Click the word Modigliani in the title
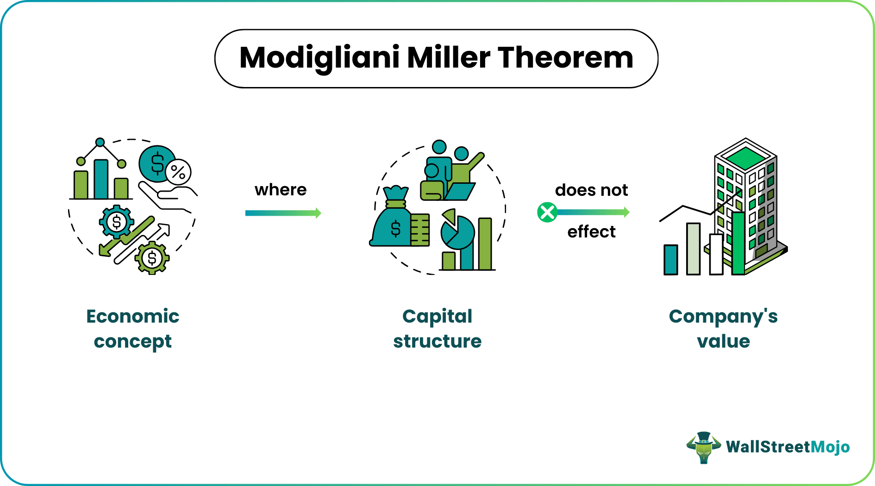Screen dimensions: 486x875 click(x=319, y=58)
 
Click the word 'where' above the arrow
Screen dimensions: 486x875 click(x=281, y=190)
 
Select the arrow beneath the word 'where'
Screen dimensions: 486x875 click(x=283, y=213)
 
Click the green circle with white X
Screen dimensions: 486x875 click(x=547, y=212)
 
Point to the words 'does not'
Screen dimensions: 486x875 click(x=591, y=190)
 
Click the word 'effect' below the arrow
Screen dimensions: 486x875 click(x=591, y=231)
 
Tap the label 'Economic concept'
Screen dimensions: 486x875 click(x=133, y=329)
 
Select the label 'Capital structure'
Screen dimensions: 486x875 click(x=437, y=329)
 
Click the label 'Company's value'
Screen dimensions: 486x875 click(x=723, y=329)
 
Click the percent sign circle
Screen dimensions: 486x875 click(x=178, y=172)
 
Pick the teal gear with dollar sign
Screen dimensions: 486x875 click(x=117, y=222)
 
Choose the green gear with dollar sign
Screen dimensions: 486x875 click(x=152, y=258)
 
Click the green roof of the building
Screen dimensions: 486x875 click(x=745, y=157)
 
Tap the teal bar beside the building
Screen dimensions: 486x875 click(x=671, y=259)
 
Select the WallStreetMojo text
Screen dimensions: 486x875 click(x=787, y=447)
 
